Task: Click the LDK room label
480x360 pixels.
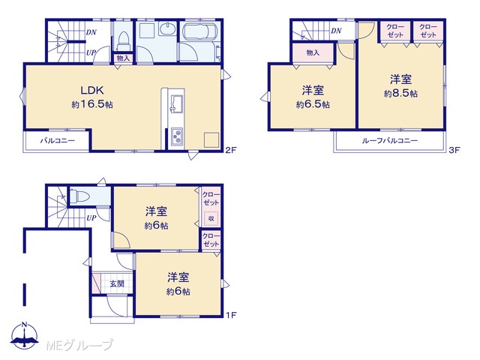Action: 92,90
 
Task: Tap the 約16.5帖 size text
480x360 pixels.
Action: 92,105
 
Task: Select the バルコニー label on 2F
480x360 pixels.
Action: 58,141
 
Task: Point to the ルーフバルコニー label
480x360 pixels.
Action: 390,141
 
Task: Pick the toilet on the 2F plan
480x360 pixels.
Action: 124,41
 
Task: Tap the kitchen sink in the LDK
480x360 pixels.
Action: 177,103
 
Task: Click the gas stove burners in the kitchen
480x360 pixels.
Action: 177,136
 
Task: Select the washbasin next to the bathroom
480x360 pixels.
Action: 167,29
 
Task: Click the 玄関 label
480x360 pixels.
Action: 117,283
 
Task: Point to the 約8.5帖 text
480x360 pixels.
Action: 400,93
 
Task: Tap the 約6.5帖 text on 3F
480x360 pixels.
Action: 313,105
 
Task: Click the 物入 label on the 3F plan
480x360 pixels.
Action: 313,52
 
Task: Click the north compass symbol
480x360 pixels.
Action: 25,336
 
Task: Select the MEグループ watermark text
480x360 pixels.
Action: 79,345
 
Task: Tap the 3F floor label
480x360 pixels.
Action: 455,150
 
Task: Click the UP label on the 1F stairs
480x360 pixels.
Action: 91,218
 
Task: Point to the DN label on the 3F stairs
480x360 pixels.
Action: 336,31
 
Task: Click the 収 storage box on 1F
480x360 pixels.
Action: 211,218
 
